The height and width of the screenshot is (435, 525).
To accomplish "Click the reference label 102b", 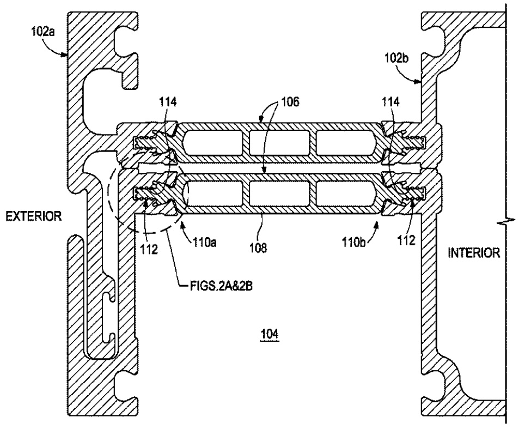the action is (396, 58).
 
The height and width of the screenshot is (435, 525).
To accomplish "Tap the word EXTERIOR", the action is (34, 216).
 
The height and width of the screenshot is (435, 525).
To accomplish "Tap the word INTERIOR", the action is (474, 253).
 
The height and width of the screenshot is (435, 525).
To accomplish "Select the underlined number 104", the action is (270, 334).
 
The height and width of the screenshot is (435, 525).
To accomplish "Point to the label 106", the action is (290, 102).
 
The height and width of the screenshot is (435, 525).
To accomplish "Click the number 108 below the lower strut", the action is (259, 249).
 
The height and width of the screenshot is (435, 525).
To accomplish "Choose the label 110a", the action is (204, 242).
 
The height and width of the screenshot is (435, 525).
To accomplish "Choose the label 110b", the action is (353, 242).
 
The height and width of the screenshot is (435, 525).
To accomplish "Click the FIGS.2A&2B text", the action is (221, 287).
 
